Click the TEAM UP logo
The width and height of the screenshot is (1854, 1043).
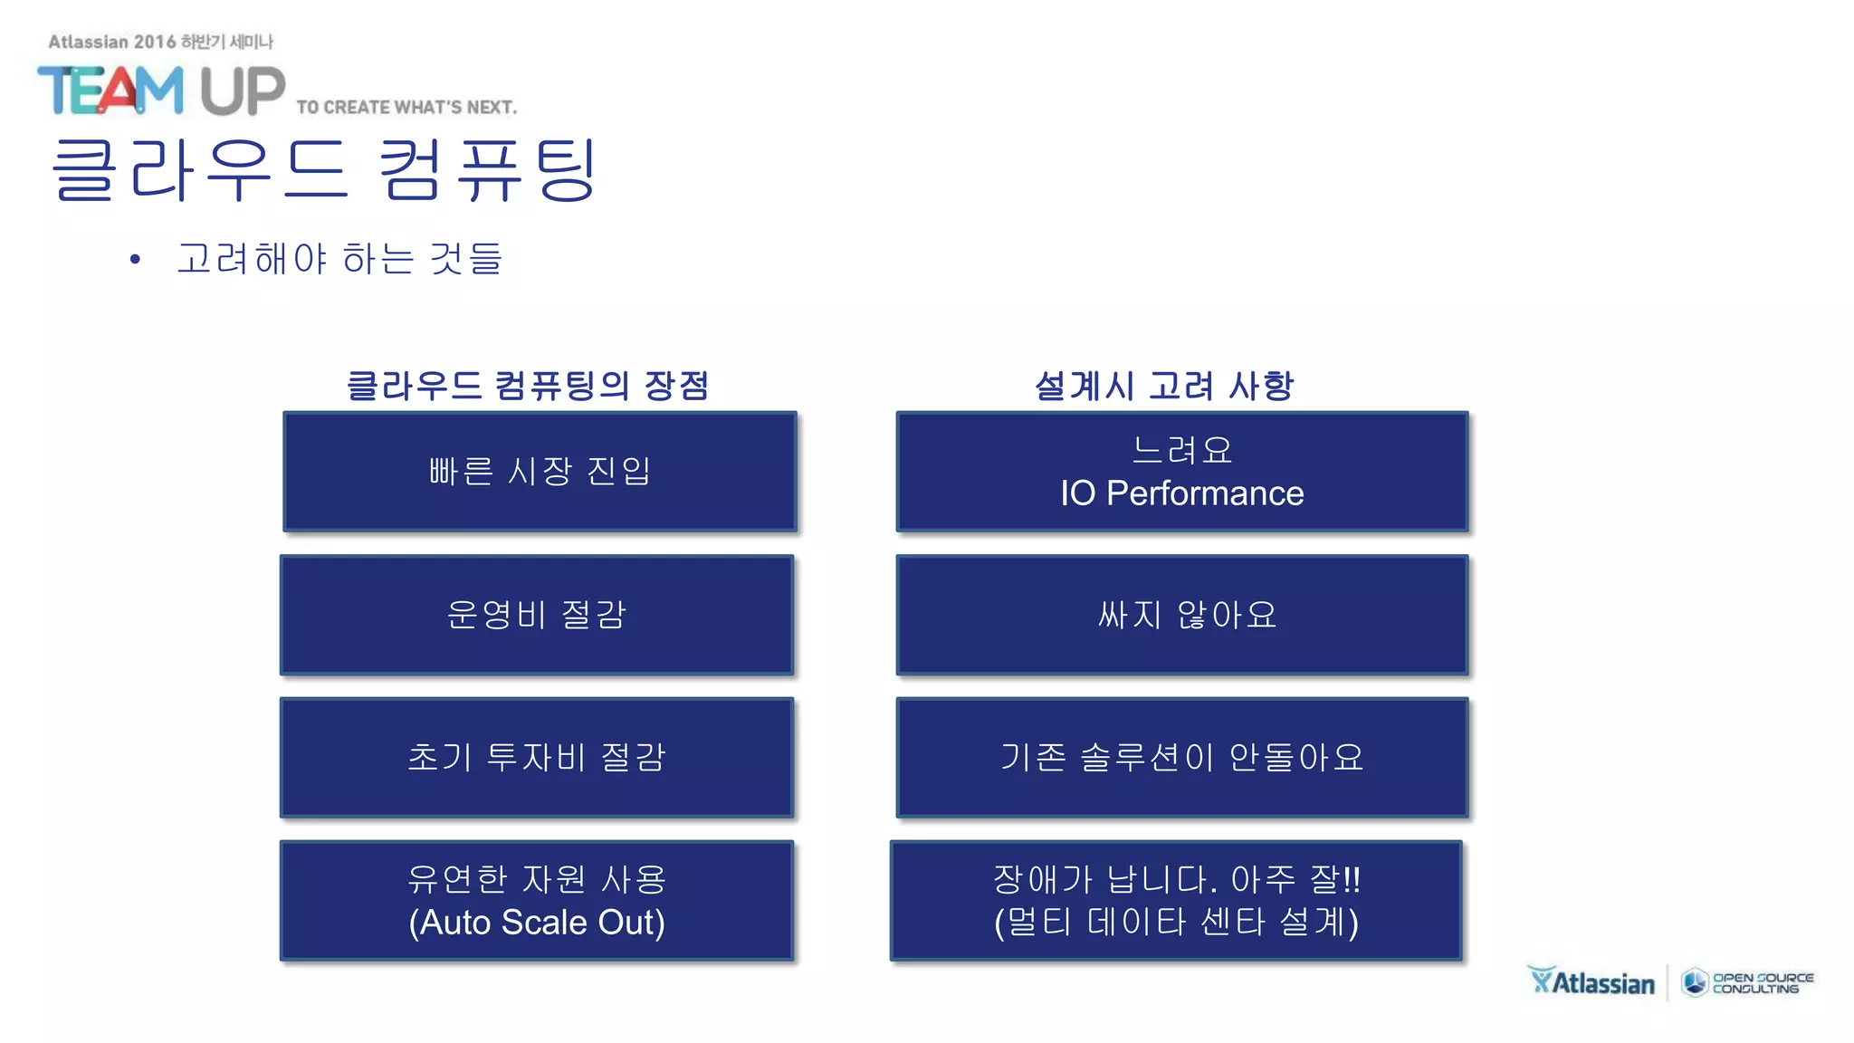coord(160,91)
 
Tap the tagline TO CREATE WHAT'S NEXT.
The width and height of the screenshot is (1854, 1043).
coord(406,108)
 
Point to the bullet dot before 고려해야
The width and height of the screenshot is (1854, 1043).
coord(136,260)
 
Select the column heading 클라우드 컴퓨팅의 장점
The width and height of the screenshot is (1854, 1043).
coord(528,386)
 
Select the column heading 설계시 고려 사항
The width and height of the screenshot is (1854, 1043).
coord(1164,386)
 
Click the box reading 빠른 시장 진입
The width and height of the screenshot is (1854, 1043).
coord(540,471)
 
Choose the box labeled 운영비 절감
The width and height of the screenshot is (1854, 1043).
coord(537,615)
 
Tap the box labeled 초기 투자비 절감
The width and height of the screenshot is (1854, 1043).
coord(537,757)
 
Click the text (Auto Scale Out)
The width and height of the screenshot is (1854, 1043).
coord(537,923)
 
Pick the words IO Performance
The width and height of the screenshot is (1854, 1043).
coord(1181,493)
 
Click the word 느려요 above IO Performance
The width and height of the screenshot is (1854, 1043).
coord(1182,449)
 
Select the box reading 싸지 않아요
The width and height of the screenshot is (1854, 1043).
coord(1182,615)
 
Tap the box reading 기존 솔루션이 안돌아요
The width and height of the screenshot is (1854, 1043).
coord(1182,757)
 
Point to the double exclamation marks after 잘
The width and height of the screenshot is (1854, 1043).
coord(1352,879)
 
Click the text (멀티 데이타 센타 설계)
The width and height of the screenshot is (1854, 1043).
coord(1176,923)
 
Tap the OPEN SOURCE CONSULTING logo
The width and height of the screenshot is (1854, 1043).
coord(1748,983)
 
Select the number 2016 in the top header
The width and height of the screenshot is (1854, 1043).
coord(155,42)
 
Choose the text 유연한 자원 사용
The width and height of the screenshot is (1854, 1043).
coord(537,879)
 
